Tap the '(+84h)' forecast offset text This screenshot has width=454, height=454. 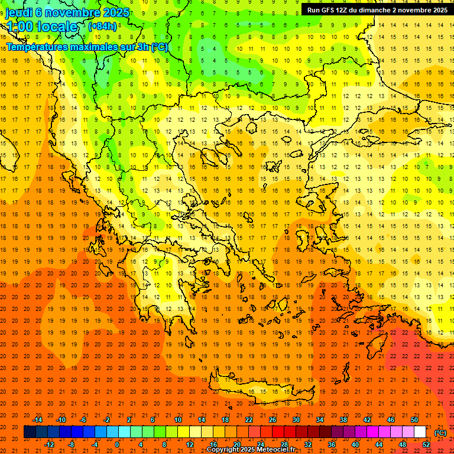102,26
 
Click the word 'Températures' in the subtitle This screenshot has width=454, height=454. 35,47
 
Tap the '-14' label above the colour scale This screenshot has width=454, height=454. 38,420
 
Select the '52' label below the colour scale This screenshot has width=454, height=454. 426,445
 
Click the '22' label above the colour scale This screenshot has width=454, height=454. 249,420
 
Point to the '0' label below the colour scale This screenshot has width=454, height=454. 117,445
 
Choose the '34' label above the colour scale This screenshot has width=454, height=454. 320,420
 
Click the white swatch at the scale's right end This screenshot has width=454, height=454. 420,432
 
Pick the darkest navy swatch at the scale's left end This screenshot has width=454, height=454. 30,432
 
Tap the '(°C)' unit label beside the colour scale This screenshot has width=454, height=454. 440,433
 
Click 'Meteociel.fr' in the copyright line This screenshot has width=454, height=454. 276,450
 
